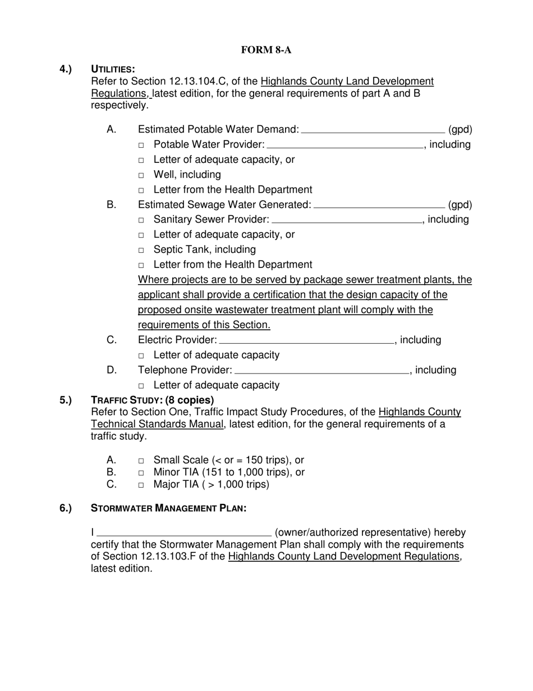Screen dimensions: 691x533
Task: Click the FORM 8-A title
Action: [266, 50]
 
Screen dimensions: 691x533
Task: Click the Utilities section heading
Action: [113, 69]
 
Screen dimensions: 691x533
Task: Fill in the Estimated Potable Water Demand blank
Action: [373, 130]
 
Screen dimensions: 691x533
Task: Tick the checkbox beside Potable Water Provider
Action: [141, 146]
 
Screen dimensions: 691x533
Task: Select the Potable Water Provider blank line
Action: [344, 146]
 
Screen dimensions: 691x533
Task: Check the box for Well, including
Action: [141, 175]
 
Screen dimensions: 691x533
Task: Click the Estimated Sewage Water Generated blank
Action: [379, 205]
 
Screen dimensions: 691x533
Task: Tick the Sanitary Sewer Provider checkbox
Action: [141, 220]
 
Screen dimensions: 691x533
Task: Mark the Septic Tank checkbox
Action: [141, 250]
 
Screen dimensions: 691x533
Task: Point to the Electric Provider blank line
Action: [306, 340]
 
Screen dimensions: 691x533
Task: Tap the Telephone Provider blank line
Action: [321, 371]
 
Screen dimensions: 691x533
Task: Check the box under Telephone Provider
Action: [141, 386]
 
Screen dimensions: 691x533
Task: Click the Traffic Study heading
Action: [152, 400]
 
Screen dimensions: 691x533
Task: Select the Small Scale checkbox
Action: [141, 461]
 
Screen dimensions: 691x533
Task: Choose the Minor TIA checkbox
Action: [141, 473]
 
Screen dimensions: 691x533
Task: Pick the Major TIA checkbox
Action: [141, 485]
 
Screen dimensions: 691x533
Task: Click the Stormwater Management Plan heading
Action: [168, 508]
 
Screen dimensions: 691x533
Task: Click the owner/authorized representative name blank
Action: [184, 533]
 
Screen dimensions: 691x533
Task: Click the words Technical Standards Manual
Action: [157, 424]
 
